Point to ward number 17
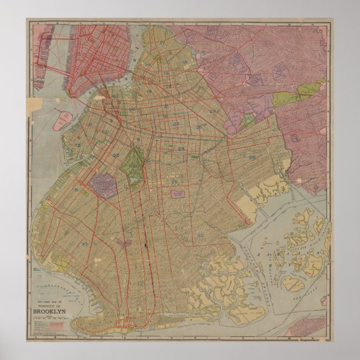pos(162,43)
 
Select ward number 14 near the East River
pos(148,65)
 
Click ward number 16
pos(184,62)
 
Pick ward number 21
pos(166,106)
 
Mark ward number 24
pos(181,149)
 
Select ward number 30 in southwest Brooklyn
pos(84,244)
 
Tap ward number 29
pos(174,182)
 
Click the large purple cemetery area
pos(105,186)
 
